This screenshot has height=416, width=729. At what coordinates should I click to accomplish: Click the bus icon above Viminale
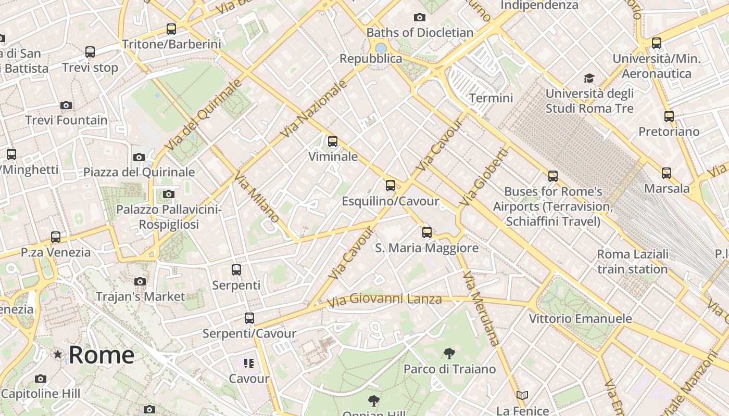coord(332,141)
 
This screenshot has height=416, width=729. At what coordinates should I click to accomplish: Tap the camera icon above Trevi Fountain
coord(66,105)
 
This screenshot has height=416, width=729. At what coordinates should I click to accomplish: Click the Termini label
coord(491,98)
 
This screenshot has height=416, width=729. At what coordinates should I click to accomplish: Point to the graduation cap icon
coord(589,78)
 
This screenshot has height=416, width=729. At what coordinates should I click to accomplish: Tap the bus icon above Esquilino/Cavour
coord(390,186)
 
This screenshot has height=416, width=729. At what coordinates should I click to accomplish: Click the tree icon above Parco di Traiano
coord(449,354)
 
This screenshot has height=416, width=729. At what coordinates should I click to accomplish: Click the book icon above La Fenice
coord(522,396)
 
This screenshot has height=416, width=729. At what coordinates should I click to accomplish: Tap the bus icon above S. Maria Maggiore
coord(426,232)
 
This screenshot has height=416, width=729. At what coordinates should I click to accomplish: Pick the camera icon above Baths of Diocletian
coord(419,18)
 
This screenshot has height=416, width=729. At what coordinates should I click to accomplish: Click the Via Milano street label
coord(257,198)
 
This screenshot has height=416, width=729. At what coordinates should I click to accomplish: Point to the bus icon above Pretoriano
coord(669,116)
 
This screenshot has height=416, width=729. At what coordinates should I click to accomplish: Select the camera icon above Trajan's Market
coord(140,281)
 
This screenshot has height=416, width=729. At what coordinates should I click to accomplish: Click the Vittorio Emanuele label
coord(580,318)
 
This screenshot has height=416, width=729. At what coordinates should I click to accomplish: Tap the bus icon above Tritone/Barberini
coord(171,29)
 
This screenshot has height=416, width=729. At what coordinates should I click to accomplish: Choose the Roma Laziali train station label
coord(632,262)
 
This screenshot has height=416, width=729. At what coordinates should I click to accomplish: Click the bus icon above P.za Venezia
coord(56,237)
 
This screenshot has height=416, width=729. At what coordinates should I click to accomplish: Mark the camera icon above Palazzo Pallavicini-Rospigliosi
coord(168,194)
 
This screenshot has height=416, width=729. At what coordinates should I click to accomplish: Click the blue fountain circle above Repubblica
coord(381,48)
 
